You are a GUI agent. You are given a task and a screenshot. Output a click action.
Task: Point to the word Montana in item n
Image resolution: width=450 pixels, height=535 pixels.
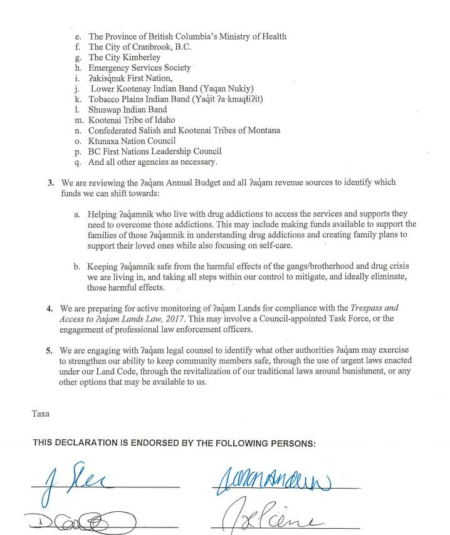(x=264, y=130)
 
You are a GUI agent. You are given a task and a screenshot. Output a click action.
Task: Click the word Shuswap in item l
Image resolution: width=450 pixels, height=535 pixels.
(x=105, y=110)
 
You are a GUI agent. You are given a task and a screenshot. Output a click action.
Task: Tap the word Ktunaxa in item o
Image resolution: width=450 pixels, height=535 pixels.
(x=104, y=141)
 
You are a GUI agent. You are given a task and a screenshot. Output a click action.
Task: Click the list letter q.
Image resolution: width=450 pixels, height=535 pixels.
(x=77, y=162)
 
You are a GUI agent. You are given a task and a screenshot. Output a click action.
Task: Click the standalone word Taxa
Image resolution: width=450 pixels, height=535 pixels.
(x=40, y=413)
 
